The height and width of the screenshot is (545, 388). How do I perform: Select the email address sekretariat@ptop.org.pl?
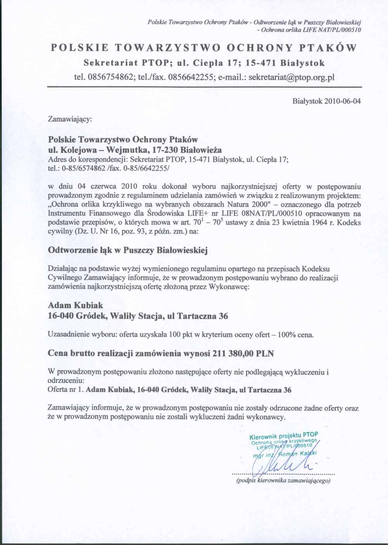click(291, 77)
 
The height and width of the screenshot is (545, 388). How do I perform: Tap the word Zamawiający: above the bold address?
click(70, 119)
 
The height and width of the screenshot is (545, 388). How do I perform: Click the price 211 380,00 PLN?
click(243, 353)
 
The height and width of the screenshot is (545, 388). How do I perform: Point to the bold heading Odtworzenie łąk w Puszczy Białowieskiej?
click(128, 250)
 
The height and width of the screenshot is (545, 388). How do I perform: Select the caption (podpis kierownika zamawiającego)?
click(283, 481)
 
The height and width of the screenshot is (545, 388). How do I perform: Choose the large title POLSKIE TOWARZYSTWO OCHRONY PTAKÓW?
click(204, 48)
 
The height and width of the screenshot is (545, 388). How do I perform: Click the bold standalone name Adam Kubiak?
click(75, 305)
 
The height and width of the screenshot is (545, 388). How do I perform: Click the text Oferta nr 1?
click(66, 390)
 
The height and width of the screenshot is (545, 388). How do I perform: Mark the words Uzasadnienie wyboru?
click(82, 335)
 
